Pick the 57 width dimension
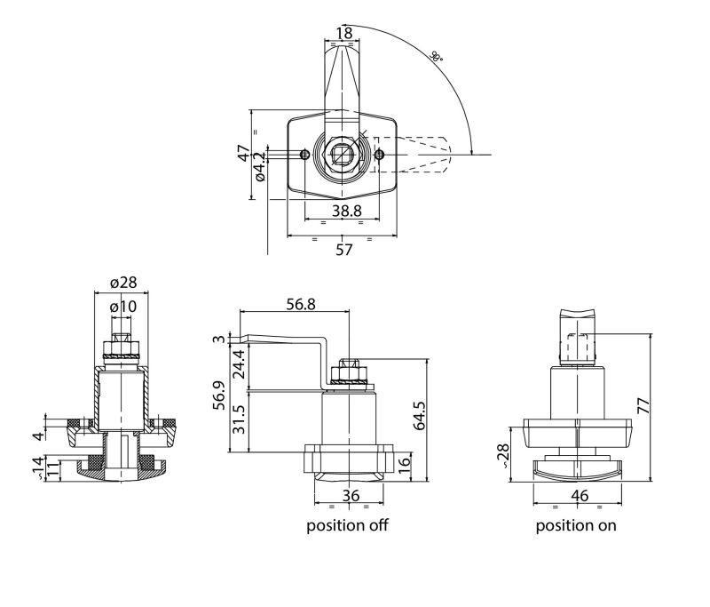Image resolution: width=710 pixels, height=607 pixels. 344,250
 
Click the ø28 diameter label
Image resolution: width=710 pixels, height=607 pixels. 122,283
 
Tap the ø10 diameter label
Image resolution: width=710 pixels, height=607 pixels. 122,307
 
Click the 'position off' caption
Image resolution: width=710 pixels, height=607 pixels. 347,525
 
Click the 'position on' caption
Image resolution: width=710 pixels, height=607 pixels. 576,525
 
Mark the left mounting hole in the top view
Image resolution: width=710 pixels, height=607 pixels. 304,155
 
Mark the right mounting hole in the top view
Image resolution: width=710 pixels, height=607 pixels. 379,155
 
